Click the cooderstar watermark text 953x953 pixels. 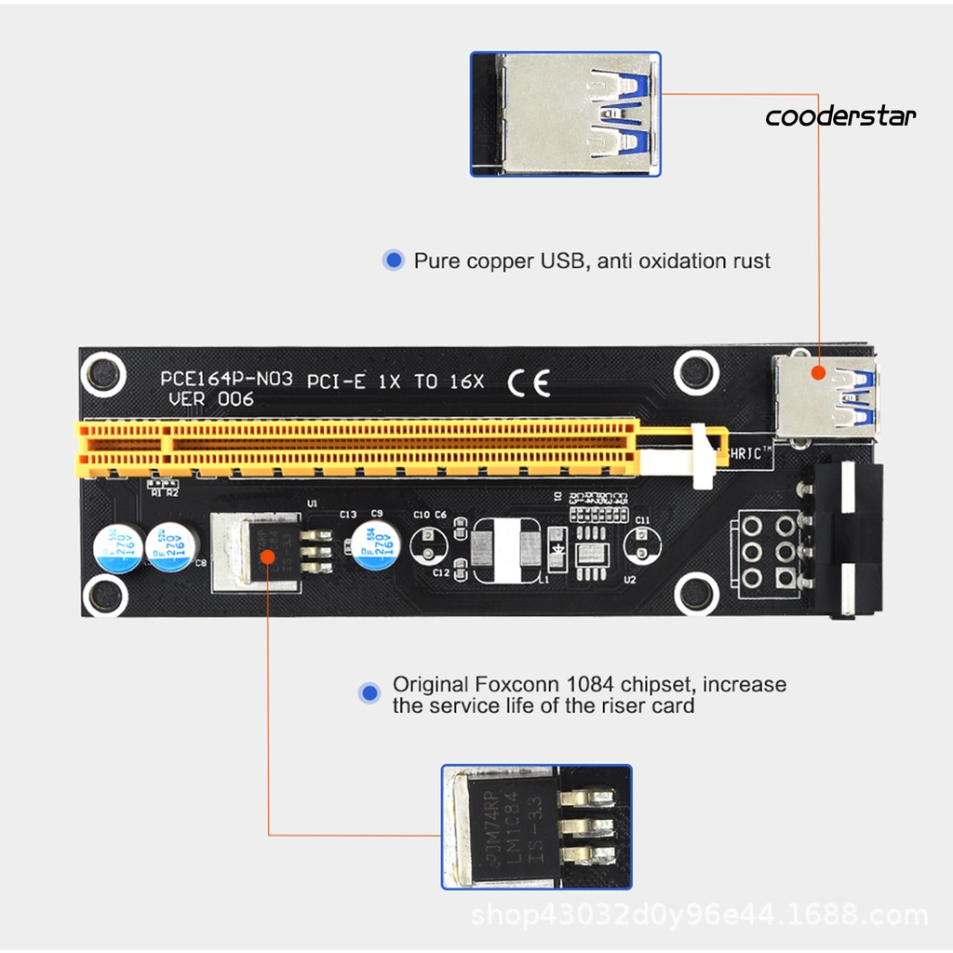840,116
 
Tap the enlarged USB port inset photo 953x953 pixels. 565,114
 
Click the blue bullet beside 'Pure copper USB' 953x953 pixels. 394,261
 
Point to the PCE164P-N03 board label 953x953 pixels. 226,380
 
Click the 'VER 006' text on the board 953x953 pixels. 210,399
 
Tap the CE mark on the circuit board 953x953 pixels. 529,382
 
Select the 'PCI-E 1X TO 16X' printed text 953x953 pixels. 396,381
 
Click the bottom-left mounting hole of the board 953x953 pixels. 104,596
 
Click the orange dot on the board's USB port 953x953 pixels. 818,372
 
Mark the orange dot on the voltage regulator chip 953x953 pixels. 267,557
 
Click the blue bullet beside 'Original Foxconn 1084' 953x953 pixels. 370,692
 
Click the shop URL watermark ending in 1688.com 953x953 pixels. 699,916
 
